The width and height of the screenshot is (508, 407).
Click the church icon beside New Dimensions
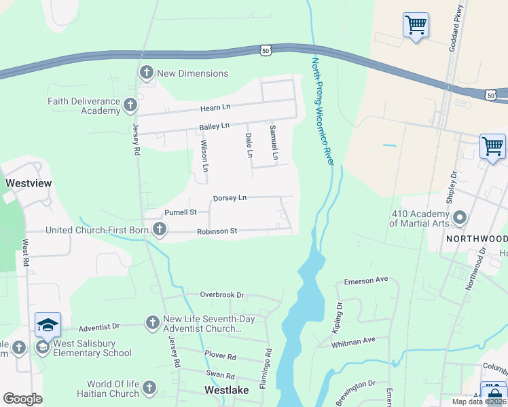pos(146,73)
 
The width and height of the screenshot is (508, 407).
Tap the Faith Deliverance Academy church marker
pos(130,105)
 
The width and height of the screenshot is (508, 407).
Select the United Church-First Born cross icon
pos(159,230)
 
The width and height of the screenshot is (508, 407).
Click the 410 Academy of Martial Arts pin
pos(460,218)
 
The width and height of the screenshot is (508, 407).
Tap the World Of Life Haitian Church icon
pos(150,389)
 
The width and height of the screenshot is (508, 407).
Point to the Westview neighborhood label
pos(29,183)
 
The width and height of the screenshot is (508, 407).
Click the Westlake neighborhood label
pos(226,390)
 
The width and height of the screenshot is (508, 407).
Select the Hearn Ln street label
pos(215,109)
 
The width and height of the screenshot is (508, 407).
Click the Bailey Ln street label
pos(215,127)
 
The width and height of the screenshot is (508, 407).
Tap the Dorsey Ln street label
pos(230,198)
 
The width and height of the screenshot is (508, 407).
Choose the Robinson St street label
pos(217,231)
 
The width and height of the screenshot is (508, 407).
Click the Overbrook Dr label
pos(221,295)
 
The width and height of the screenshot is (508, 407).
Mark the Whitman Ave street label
pos(353,343)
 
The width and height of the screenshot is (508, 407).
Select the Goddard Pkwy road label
pos(460,21)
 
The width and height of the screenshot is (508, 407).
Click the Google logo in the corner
pos(22,399)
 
